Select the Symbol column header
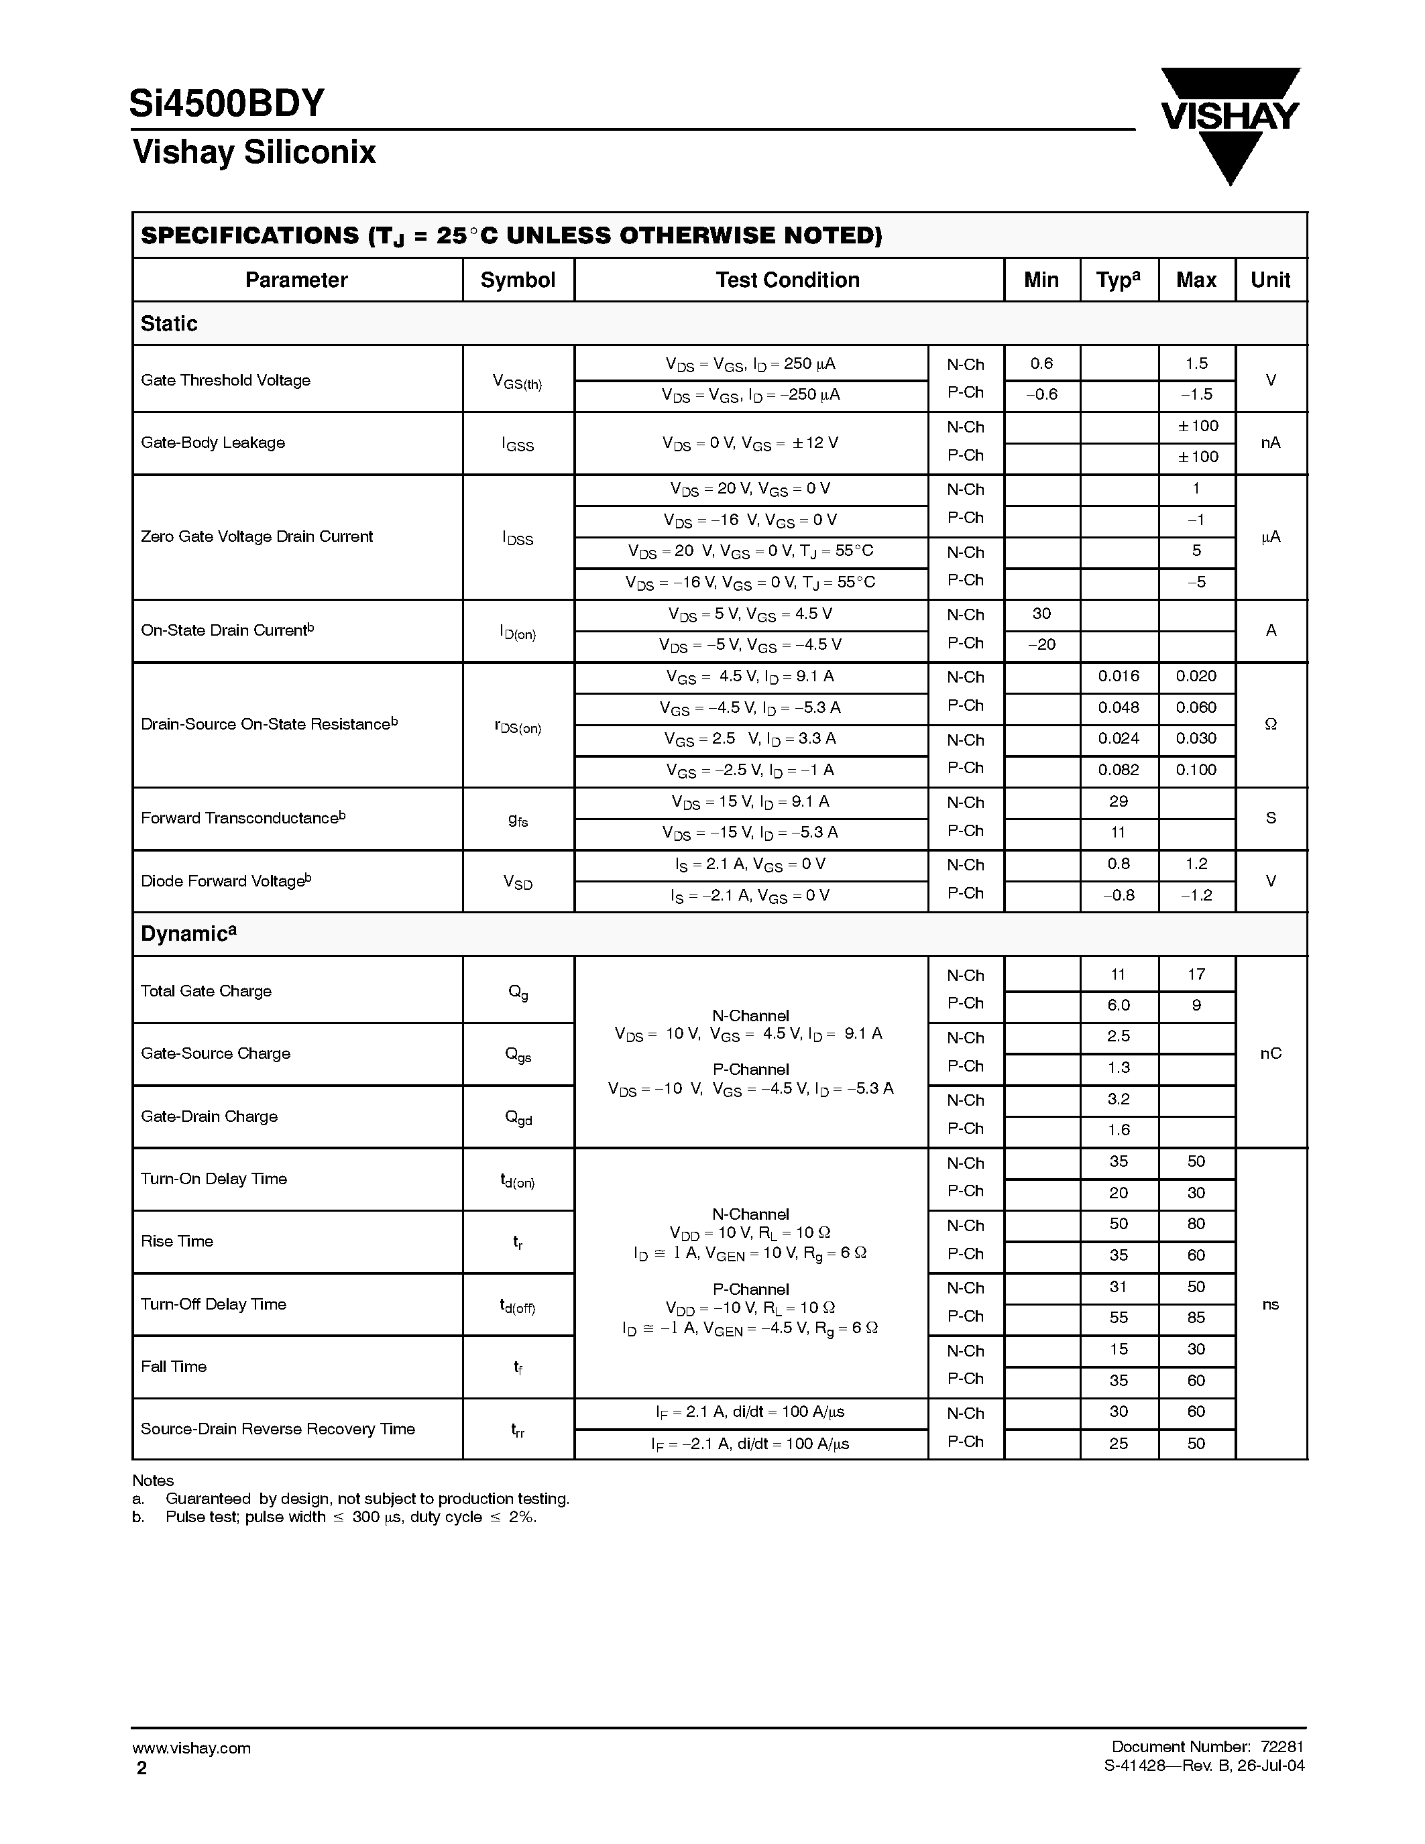click(x=518, y=280)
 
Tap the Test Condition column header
click(x=788, y=280)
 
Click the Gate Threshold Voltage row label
click(x=225, y=380)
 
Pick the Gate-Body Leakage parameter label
click(x=213, y=443)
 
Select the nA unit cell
click(x=1271, y=443)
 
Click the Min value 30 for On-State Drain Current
click(x=1041, y=614)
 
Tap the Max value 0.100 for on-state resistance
click(x=1196, y=770)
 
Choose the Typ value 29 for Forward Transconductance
click(x=1119, y=801)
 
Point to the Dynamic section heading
click(x=188, y=934)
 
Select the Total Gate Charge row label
click(x=206, y=991)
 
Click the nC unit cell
click(x=1271, y=1053)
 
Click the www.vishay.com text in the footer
click(x=192, y=1749)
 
